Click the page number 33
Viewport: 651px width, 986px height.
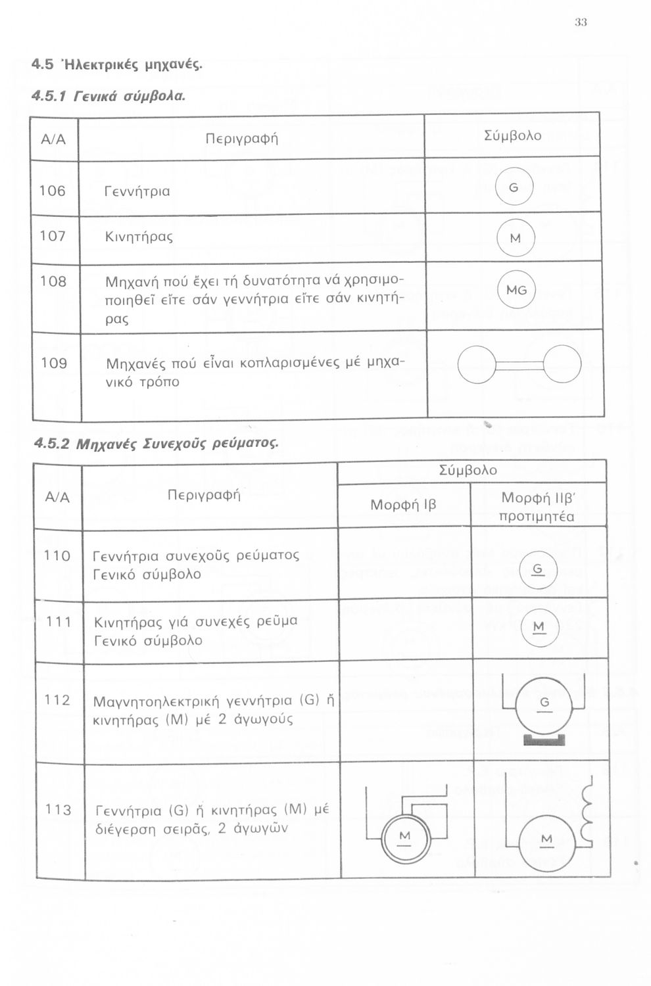580,22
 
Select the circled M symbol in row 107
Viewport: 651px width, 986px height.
515,238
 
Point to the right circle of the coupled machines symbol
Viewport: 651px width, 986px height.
562,364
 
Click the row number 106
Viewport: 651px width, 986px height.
53,191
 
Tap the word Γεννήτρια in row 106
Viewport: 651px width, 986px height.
137,192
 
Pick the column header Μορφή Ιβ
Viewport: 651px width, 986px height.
403,505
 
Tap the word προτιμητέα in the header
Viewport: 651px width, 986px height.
537,517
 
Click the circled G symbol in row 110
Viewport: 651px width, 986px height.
538,568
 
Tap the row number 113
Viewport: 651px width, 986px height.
58,810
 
